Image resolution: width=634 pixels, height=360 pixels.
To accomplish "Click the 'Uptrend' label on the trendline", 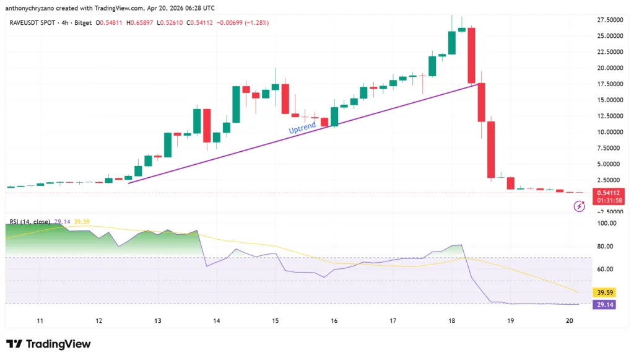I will (302, 128).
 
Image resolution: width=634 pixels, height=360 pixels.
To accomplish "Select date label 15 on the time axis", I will (276, 321).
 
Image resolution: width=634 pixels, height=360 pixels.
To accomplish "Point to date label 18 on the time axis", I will (452, 321).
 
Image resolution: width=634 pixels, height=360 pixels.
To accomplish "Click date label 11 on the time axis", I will (40, 321).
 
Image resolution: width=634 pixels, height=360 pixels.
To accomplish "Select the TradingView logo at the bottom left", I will (48, 344).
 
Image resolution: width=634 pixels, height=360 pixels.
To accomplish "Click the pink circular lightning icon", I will (580, 206).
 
